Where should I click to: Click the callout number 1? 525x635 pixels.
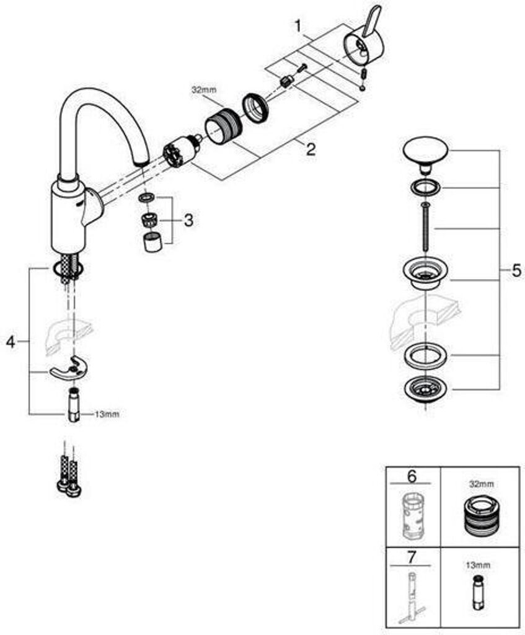click(x=298, y=27)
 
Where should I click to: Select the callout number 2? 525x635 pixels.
click(x=310, y=150)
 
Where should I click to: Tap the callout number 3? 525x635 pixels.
click(x=188, y=221)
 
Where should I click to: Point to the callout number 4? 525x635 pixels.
click(x=11, y=342)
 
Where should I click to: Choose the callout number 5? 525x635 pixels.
click(x=516, y=270)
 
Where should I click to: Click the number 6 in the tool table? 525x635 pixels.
click(x=412, y=477)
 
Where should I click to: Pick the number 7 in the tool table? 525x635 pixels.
click(x=411, y=557)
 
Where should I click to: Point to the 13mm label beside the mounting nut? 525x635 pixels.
click(x=107, y=414)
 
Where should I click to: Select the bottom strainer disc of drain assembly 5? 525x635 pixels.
click(x=425, y=389)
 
